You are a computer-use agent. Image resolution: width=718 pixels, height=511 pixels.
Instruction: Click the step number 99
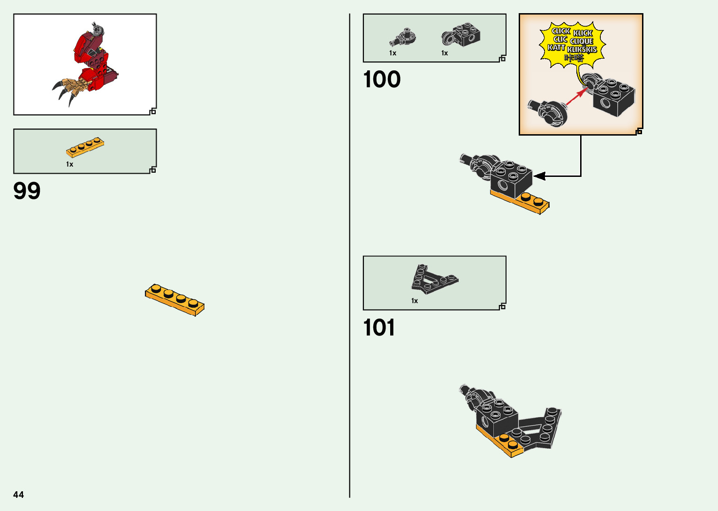(27, 191)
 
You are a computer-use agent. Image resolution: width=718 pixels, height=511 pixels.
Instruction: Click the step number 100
(382, 79)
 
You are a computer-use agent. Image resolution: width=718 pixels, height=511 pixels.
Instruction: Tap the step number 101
(379, 328)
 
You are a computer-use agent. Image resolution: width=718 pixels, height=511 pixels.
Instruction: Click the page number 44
(18, 495)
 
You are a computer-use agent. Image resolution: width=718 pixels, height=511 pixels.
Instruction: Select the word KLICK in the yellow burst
(583, 33)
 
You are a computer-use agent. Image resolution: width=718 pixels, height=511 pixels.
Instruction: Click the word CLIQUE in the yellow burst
(582, 41)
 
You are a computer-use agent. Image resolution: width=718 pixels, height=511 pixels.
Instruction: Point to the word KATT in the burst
(556, 47)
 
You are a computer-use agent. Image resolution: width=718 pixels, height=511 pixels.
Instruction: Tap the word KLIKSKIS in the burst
(582, 50)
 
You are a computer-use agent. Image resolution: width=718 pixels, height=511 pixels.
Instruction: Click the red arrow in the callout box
(575, 97)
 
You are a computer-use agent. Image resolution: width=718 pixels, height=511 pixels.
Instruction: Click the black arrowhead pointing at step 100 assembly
(540, 176)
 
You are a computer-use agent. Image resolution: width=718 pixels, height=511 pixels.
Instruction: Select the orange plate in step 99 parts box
(85, 147)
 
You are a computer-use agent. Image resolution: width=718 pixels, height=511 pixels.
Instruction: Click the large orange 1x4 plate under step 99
(174, 299)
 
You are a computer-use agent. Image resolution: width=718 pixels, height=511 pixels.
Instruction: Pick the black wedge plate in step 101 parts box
(433, 279)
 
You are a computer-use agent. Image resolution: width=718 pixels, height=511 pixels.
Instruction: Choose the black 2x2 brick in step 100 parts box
(461, 34)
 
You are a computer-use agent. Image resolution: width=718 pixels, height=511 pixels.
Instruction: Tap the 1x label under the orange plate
(69, 164)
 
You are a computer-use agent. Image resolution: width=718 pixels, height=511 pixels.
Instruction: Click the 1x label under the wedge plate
(414, 301)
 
